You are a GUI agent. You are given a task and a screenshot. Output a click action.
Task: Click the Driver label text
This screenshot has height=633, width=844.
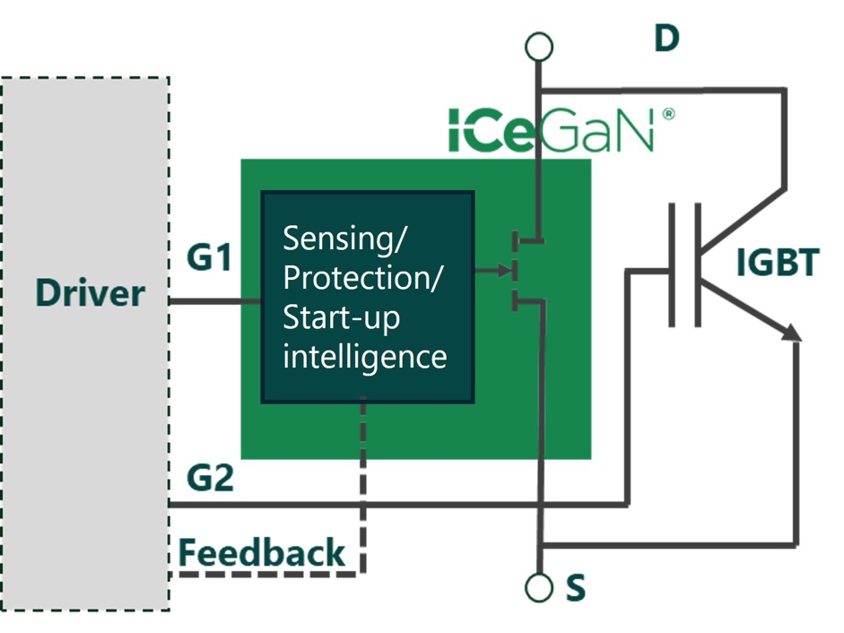[90, 293]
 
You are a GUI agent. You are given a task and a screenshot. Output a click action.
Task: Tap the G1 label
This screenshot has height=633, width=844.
[209, 258]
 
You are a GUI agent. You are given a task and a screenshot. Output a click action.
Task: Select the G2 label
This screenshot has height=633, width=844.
[210, 478]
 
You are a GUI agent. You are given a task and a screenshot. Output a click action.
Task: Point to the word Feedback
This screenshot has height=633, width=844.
[262, 552]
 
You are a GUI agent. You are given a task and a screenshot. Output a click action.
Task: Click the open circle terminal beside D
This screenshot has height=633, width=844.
[539, 46]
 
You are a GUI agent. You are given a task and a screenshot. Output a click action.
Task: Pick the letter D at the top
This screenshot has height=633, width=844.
[666, 39]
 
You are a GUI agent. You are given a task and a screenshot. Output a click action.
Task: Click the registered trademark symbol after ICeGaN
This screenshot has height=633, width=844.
[667, 116]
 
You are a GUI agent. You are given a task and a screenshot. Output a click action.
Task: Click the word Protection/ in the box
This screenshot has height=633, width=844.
[363, 278]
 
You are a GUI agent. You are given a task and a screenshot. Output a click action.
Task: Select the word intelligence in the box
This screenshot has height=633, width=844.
[365, 356]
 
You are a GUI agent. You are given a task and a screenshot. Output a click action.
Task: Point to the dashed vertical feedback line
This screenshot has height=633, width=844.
[363, 484]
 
